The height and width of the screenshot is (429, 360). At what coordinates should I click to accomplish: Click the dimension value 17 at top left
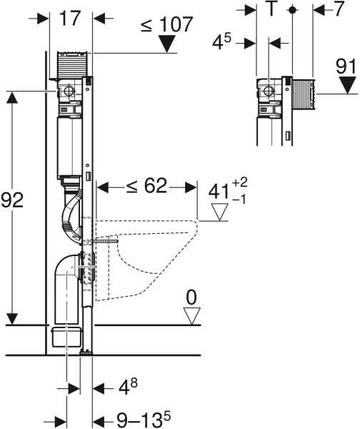pyautogui.click(x=70, y=19)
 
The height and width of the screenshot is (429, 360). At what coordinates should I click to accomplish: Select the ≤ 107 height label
pyautogui.click(x=166, y=24)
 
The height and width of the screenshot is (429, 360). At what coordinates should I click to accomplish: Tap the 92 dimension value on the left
pyautogui.click(x=12, y=200)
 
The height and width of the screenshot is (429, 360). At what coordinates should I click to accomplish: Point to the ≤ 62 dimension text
pyautogui.click(x=146, y=186)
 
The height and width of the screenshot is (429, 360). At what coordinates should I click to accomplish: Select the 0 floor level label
pyautogui.click(x=191, y=297)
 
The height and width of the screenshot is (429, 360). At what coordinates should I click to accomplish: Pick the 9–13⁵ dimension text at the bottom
pyautogui.click(x=144, y=419)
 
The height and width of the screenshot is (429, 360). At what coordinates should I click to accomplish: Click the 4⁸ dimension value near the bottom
pyautogui.click(x=128, y=386)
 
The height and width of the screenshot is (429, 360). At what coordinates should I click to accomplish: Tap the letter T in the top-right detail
pyautogui.click(x=271, y=9)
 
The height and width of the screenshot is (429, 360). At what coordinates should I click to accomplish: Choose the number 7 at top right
pyautogui.click(x=339, y=9)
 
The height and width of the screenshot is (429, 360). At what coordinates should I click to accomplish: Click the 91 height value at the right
pyautogui.click(x=346, y=66)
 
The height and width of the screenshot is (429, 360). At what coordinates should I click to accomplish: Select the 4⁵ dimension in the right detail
pyautogui.click(x=221, y=41)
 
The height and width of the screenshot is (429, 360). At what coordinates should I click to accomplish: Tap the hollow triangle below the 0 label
pyautogui.click(x=191, y=316)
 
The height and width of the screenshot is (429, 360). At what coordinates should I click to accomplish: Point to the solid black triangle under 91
pyautogui.click(x=347, y=85)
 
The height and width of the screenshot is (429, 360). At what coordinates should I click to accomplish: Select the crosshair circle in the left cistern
pyautogui.click(x=69, y=91)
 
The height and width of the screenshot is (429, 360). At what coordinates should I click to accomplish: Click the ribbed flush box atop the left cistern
pyautogui.click(x=71, y=65)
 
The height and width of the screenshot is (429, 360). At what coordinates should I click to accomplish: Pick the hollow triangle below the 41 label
pyautogui.click(x=219, y=212)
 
